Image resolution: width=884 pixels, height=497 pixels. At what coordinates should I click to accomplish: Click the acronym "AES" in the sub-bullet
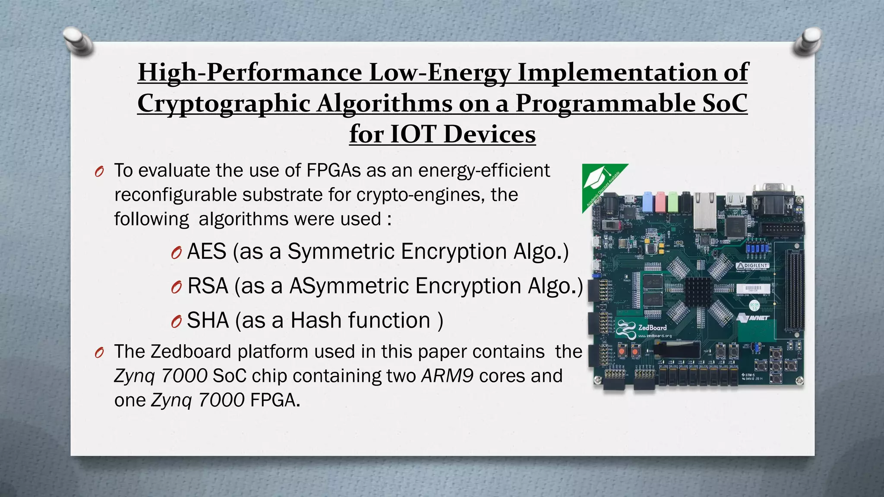(207, 252)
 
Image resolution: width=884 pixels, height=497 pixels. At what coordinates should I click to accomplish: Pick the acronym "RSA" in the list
(208, 286)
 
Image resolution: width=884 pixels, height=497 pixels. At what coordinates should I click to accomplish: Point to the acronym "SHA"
(208, 321)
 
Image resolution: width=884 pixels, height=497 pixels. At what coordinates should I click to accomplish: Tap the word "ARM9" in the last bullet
(448, 376)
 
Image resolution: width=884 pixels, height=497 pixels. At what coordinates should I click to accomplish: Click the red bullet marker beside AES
(176, 253)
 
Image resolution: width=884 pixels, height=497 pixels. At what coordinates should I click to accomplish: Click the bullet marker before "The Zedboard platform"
(99, 353)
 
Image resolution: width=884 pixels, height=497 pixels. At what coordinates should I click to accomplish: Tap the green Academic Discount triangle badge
(598, 181)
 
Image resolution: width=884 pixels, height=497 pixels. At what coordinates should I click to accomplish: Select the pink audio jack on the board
(660, 201)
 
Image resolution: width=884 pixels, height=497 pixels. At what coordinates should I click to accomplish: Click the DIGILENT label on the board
(753, 265)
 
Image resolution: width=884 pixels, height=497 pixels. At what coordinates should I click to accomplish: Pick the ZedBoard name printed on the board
(652, 327)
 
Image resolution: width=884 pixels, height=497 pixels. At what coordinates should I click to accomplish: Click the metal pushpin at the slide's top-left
(78, 41)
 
